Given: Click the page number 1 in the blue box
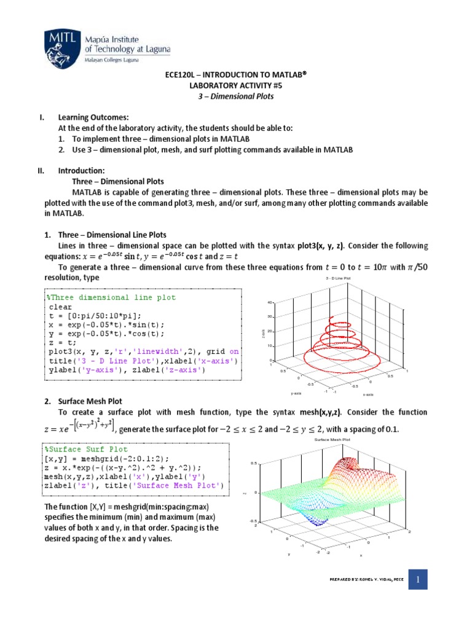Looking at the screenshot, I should [418, 579].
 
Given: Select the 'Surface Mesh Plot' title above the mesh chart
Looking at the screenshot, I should [332, 440].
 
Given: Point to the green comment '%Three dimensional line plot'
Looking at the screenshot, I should [111, 297].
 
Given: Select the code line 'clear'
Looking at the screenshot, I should [60, 307].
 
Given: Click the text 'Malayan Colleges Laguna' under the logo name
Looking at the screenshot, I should [111, 60].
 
